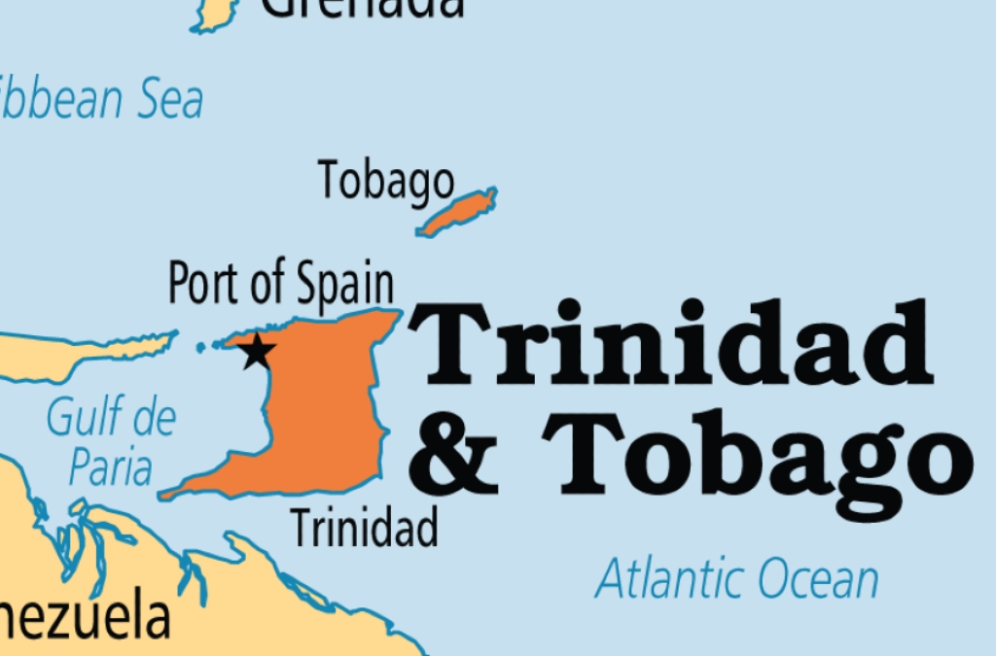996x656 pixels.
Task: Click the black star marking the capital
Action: click(257, 351)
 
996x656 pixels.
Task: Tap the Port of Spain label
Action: click(281, 283)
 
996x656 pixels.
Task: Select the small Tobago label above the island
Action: click(385, 181)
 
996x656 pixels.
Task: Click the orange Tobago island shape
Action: click(457, 213)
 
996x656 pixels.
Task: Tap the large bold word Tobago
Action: click(759, 455)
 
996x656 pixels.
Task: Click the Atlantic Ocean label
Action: click(737, 579)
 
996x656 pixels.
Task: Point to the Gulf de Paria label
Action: click(112, 442)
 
